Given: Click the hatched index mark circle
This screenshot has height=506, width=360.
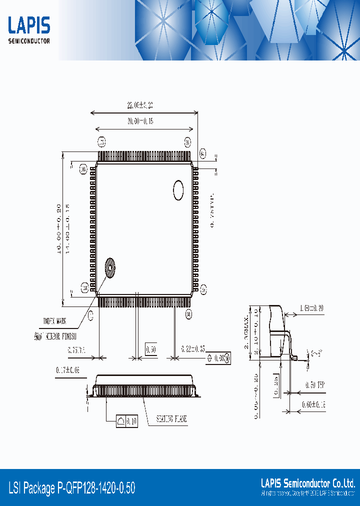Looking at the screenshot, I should click(109, 267).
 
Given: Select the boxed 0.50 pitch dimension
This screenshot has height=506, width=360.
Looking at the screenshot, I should click(151, 348).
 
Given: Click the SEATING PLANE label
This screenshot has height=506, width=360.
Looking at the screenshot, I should click(171, 419).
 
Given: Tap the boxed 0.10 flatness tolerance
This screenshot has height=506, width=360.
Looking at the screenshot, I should click(127, 421).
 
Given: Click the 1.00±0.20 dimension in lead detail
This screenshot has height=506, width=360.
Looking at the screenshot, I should click(311, 308).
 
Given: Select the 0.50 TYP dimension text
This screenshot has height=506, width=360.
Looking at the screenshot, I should click(314, 385).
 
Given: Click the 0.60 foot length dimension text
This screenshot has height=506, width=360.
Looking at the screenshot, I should click(313, 404).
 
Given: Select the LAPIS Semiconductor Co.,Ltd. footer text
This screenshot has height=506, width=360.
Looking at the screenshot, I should click(308, 483).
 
